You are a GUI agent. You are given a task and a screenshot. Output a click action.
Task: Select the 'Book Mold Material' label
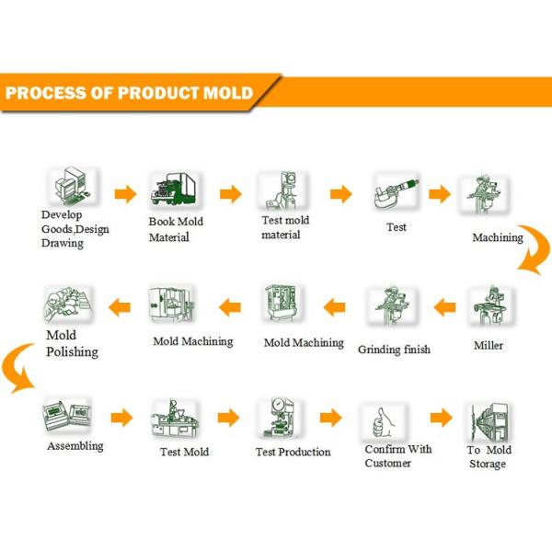(x=176, y=229)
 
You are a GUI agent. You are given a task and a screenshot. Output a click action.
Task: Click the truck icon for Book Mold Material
(x=176, y=191)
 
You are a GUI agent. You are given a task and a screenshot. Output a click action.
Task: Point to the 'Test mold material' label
(x=286, y=227)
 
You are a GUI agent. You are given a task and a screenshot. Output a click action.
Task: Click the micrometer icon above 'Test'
(x=397, y=193)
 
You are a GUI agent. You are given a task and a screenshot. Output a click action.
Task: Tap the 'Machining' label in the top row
(x=498, y=237)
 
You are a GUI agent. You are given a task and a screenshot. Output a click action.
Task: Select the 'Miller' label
(x=489, y=345)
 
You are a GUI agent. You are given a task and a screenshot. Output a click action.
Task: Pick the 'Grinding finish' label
(x=394, y=350)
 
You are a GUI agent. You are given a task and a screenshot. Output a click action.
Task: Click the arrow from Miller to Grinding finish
(x=445, y=306)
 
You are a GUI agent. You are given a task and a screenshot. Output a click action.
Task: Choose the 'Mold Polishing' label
(x=72, y=343)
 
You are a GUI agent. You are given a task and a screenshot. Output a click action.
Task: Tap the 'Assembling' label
(x=75, y=446)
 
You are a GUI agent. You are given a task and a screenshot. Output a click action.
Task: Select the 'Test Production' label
(x=293, y=452)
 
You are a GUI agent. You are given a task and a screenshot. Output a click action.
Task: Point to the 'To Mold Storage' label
(x=488, y=457)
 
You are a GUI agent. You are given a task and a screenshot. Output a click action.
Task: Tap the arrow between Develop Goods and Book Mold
(x=125, y=193)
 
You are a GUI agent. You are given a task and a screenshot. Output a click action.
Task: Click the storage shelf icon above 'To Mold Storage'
(x=489, y=420)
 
